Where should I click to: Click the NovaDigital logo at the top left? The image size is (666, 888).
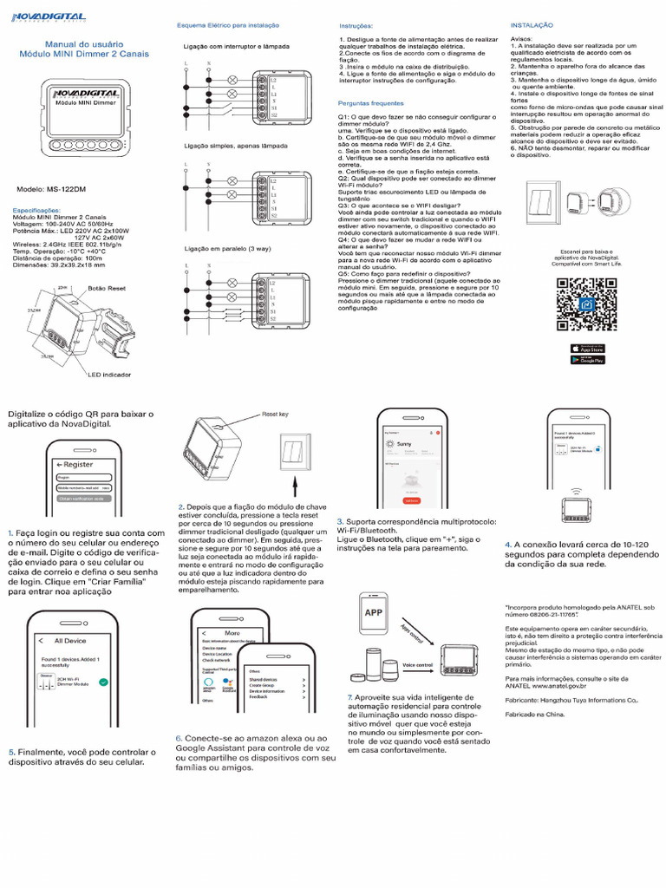point(48,17)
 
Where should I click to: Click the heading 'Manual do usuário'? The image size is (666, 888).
point(83,43)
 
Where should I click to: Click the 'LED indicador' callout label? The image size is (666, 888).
point(109,374)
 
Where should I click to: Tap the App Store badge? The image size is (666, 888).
point(586,347)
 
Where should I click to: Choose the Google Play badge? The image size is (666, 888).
point(586,359)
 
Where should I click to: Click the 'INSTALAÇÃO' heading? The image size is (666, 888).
point(532,25)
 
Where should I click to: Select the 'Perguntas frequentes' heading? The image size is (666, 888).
point(371,102)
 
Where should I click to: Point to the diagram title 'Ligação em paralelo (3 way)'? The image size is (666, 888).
point(226,249)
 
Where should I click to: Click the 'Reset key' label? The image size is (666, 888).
point(276,415)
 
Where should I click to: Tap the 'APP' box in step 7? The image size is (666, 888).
point(374,612)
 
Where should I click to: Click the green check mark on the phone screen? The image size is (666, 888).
point(103,683)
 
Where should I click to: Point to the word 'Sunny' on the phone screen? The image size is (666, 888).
point(405,442)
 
